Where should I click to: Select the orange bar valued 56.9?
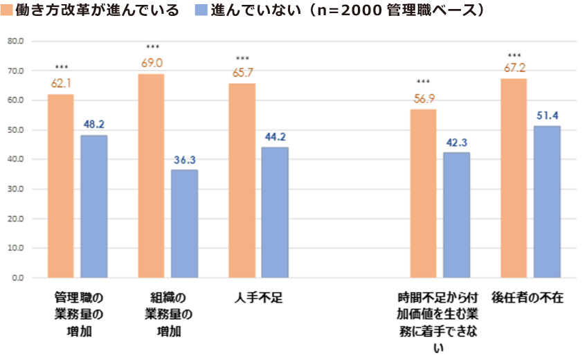click(423, 193)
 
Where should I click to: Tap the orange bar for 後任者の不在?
click(514, 178)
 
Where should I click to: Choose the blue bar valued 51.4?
click(547, 201)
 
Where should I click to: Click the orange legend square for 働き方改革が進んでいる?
click(7, 12)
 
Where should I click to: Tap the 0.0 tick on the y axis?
click(16, 278)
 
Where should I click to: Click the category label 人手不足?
click(258, 298)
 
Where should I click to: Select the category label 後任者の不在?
click(527, 298)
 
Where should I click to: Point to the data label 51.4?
click(547, 114)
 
